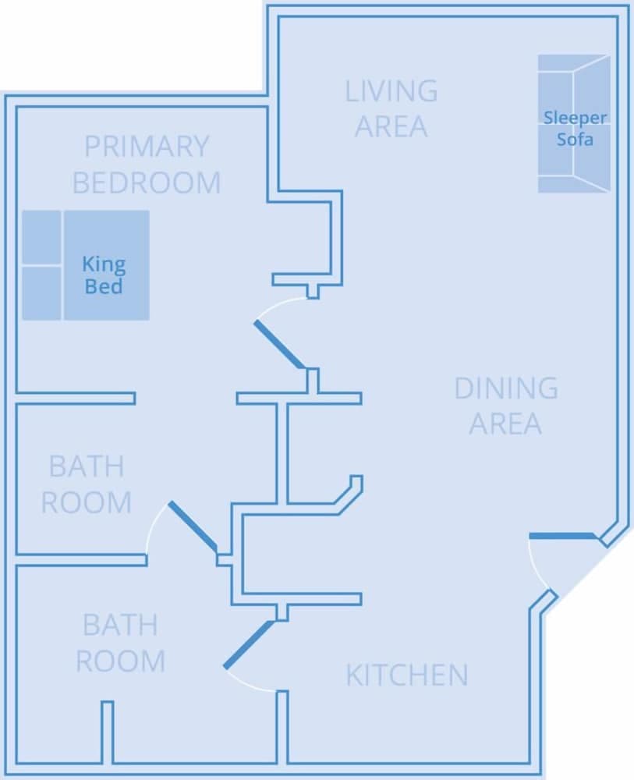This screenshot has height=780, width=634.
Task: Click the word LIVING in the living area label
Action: click(391, 91)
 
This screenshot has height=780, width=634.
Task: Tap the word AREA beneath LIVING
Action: click(391, 126)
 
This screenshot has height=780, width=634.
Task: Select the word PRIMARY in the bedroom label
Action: click(147, 147)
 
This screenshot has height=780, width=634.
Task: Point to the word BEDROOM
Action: click(147, 183)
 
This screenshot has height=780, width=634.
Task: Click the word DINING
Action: click(505, 388)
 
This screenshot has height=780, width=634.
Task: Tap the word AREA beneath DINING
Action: click(505, 424)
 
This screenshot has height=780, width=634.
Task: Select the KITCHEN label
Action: click(406, 675)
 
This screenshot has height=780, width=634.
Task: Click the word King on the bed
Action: click(104, 264)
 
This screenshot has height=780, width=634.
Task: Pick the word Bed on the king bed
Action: click(104, 286)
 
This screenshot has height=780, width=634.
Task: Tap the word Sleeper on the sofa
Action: click(575, 119)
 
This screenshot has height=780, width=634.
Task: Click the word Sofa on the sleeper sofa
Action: click(575, 140)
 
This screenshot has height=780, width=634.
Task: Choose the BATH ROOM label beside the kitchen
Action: click(120, 643)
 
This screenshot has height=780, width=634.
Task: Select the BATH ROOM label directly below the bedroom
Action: click(86, 484)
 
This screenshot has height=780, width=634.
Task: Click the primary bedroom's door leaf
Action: click(280, 344)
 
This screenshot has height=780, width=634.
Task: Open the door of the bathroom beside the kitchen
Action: click(249, 644)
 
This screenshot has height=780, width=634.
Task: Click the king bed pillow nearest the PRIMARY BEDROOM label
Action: click(41, 237)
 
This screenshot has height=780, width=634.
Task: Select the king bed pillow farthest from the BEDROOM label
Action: click(41, 292)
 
